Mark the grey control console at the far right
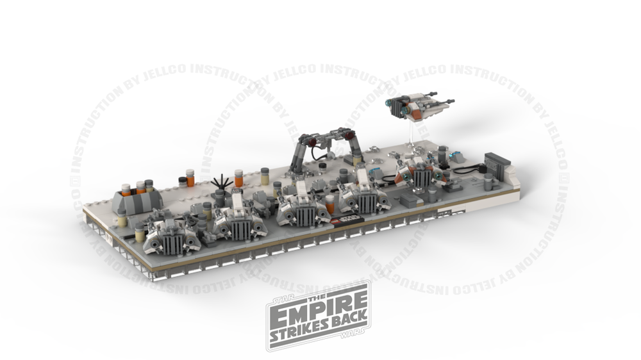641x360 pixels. point(496,165)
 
